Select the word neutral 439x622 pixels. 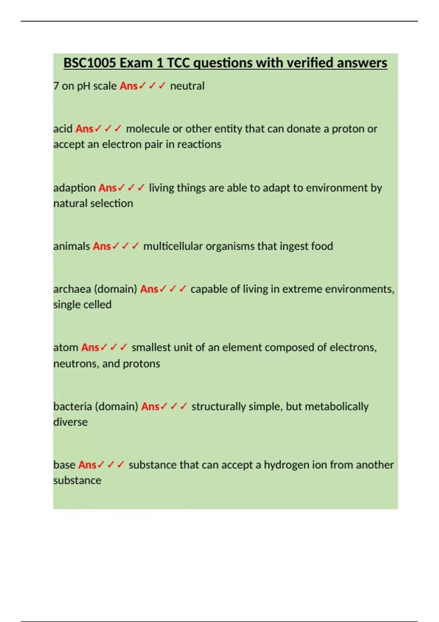[187, 86]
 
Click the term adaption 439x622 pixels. [74, 188]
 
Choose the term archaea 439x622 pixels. [72, 289]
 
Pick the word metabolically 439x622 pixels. [337, 406]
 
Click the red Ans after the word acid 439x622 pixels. [85, 129]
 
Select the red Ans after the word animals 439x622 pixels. [102, 246]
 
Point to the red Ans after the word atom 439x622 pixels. [90, 347]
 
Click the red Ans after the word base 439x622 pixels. [87, 465]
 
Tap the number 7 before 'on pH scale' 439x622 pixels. [56, 86]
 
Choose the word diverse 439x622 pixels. [70, 422]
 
